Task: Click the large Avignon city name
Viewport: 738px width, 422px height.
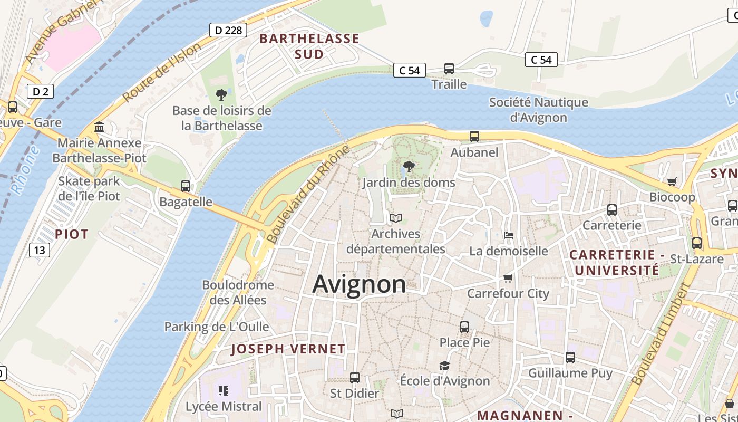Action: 359,284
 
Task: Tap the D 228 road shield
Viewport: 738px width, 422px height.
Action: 229,30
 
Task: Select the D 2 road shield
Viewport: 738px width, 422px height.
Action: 40,92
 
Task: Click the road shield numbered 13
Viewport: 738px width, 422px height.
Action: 40,250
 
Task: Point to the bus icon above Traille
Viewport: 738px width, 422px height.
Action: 449,69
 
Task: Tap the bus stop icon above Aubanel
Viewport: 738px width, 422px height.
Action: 474,137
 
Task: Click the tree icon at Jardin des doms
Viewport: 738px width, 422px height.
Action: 409,167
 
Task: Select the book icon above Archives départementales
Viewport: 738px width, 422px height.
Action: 396,218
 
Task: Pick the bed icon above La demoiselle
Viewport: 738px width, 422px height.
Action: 509,235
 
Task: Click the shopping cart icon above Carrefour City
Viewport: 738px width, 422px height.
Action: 508,278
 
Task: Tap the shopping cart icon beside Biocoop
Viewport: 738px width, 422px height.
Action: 672,181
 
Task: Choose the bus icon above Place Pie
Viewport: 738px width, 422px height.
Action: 464,327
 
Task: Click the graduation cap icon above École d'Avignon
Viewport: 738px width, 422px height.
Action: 445,366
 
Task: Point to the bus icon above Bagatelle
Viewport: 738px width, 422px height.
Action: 186,186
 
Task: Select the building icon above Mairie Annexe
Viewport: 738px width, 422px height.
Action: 99,127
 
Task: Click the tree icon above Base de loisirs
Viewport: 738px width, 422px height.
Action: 221,95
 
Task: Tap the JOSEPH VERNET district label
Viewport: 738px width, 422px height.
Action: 288,349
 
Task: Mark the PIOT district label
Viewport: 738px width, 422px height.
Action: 72,234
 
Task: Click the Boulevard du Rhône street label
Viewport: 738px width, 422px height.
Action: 308,194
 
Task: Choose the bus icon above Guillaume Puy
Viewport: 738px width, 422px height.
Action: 570,358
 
